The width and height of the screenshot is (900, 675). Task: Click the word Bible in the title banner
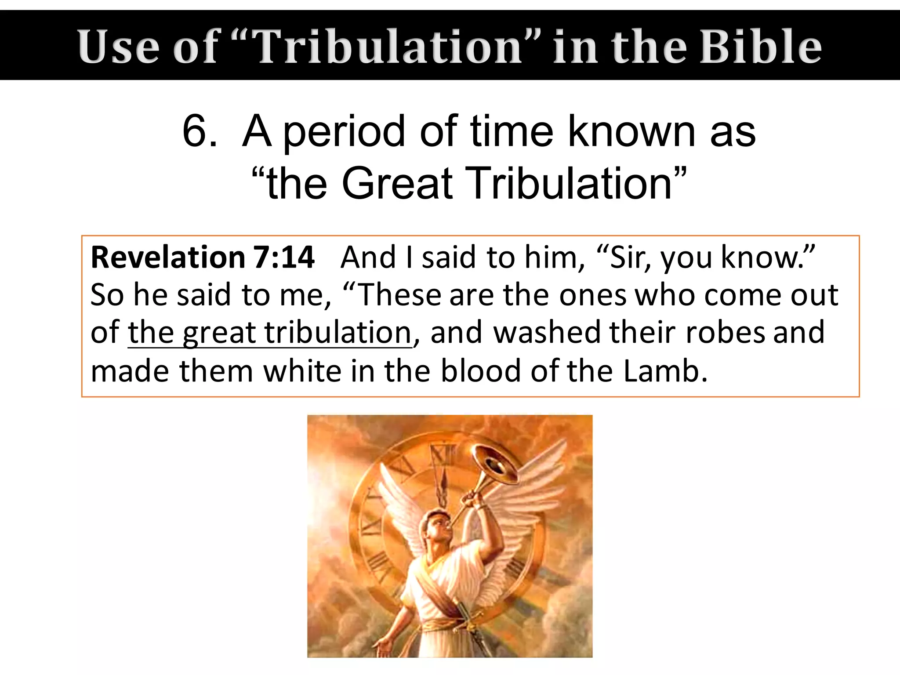(x=760, y=46)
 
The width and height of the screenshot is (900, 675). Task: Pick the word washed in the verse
(x=547, y=332)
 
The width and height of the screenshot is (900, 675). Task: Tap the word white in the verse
(x=301, y=371)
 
